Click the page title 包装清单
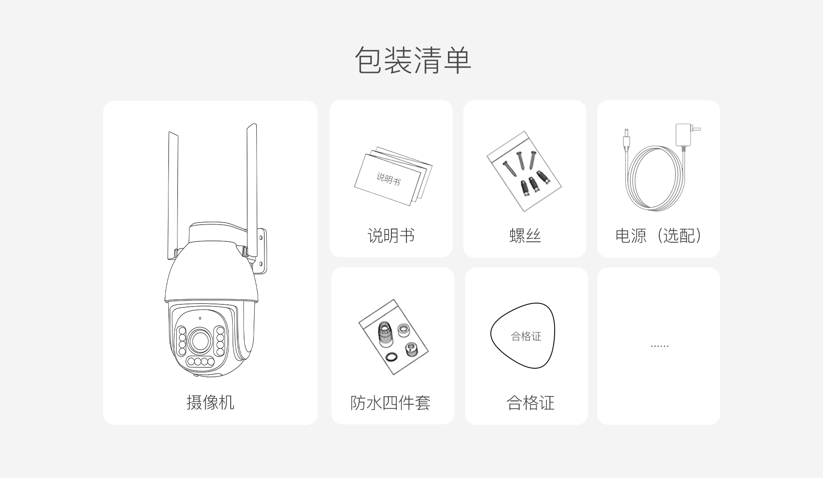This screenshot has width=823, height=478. point(413,60)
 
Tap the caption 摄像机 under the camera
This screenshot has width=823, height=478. point(210,402)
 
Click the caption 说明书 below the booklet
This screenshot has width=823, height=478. point(391,235)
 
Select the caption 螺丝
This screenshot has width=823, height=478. point(525,235)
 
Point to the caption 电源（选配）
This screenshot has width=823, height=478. point(658,235)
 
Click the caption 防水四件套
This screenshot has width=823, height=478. point(390,402)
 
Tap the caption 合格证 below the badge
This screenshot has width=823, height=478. point(530,403)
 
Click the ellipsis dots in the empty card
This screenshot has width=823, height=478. point(659,346)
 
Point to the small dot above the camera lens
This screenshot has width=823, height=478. point(200,318)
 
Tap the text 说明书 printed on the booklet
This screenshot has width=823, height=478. point(388,179)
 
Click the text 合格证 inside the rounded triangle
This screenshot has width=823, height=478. point(526,337)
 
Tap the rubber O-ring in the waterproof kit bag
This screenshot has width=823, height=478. point(391,357)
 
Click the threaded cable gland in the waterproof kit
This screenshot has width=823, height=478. point(385,333)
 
